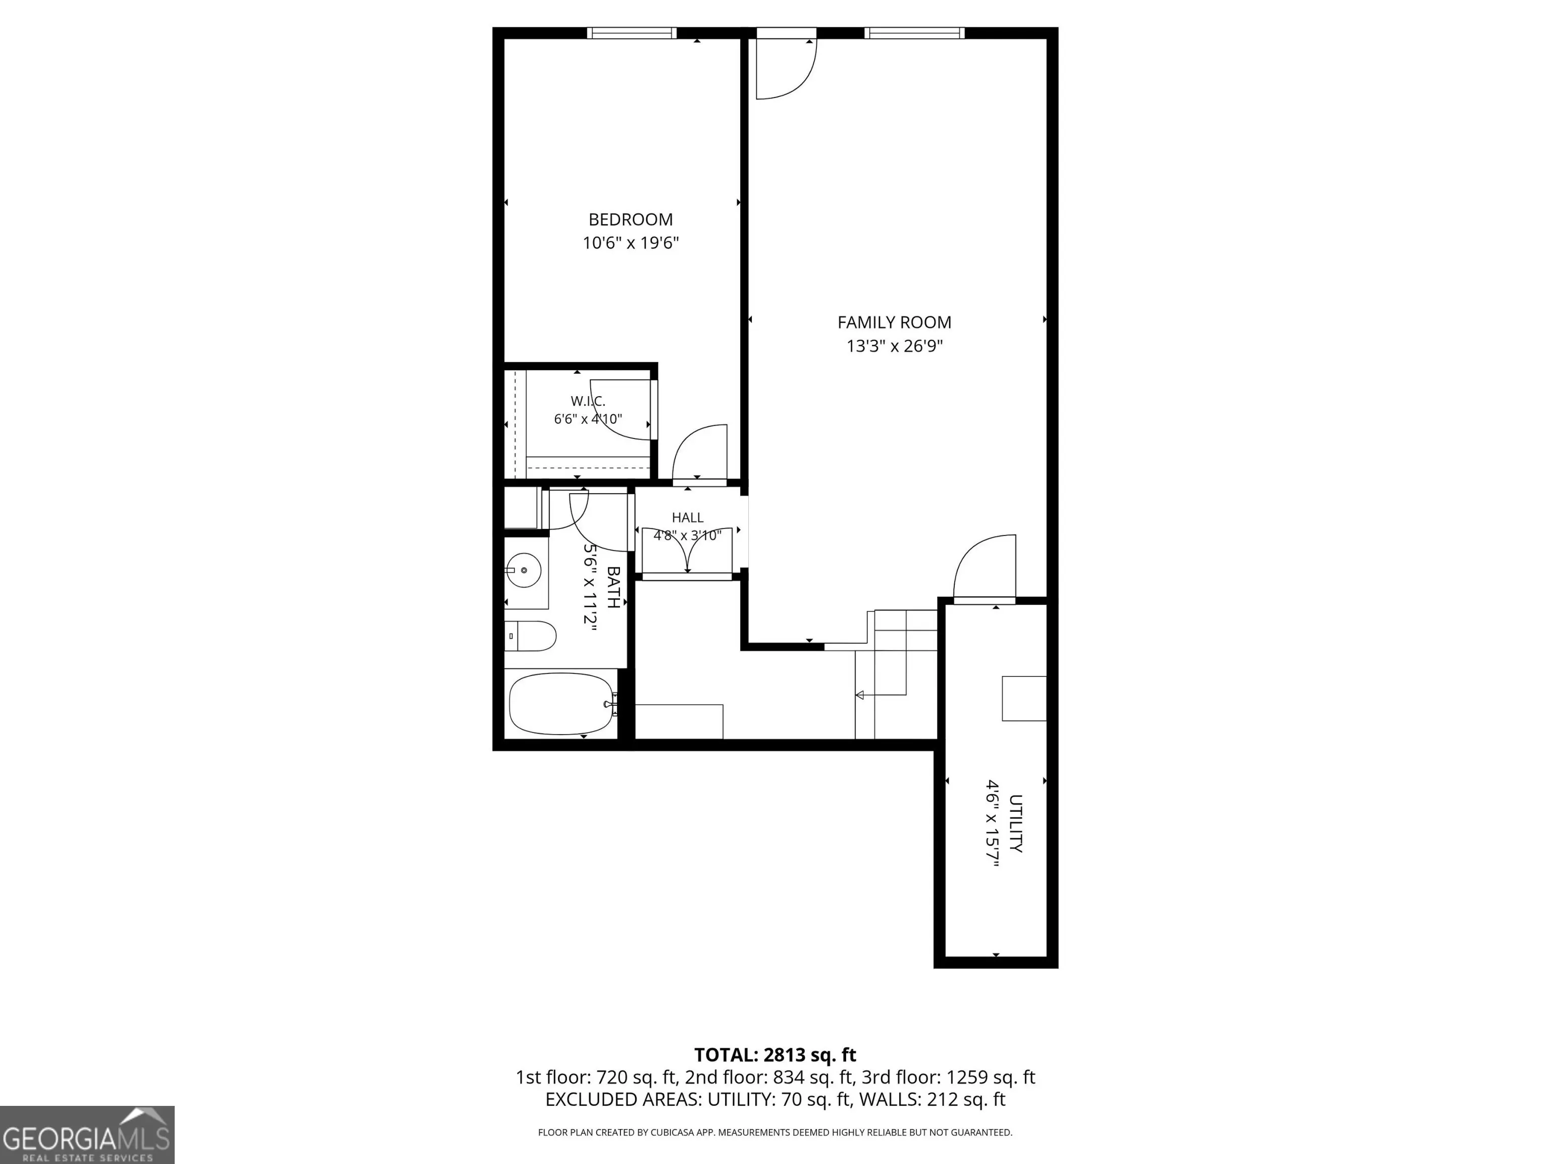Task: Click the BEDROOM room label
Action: tap(631, 220)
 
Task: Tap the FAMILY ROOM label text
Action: tap(894, 323)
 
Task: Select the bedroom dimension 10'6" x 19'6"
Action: tap(631, 244)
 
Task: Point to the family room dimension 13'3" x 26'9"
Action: tap(894, 347)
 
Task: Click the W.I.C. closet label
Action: tap(588, 401)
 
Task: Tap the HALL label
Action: tap(687, 518)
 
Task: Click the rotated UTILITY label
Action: tap(1015, 823)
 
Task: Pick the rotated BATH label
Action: tap(613, 587)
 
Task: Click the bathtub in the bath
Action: tap(563, 704)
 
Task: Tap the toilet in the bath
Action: tap(530, 636)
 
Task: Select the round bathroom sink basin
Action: tap(524, 570)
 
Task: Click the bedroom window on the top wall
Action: tap(632, 33)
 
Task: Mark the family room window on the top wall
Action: tap(914, 33)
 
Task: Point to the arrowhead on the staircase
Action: tap(859, 695)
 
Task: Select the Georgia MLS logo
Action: tap(87, 1135)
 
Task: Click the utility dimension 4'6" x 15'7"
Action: tap(992, 823)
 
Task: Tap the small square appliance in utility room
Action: tap(1024, 698)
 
